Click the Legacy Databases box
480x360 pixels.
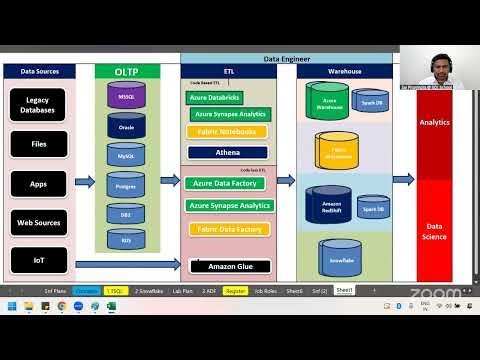point(39,104)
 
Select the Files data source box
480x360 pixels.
point(39,144)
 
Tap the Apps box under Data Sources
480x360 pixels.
point(39,184)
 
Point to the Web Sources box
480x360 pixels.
point(39,222)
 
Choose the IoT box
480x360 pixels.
point(39,259)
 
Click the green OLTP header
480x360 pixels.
point(126,72)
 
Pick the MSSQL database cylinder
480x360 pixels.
point(126,97)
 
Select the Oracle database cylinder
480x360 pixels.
point(126,127)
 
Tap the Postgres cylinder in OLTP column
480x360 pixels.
point(126,185)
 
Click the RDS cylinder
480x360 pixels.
point(126,240)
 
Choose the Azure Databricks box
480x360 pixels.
point(214,98)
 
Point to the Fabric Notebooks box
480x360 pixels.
point(228,132)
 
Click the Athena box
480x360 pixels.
point(228,153)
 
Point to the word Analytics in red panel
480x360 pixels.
point(434,122)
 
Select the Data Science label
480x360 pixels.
point(434,232)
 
